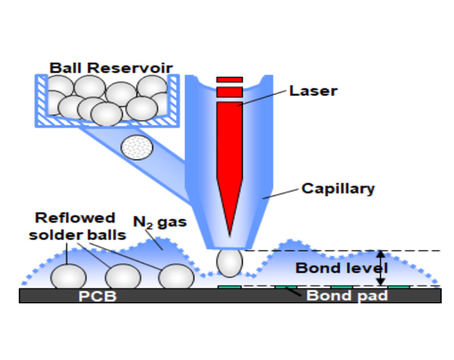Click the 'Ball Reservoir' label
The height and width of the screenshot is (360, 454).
click(111, 68)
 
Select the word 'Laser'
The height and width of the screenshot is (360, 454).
click(313, 92)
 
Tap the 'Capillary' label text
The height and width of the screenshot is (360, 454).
click(338, 188)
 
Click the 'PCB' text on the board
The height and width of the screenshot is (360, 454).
click(97, 296)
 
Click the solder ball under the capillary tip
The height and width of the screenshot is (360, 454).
click(230, 263)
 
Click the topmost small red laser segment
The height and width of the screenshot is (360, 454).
click(229, 79)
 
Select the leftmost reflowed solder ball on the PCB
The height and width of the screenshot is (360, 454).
click(68, 276)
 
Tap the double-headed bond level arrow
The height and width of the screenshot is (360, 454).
click(381, 268)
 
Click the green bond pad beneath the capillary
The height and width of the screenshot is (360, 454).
click(230, 287)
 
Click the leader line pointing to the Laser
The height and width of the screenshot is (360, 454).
click(265, 98)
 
